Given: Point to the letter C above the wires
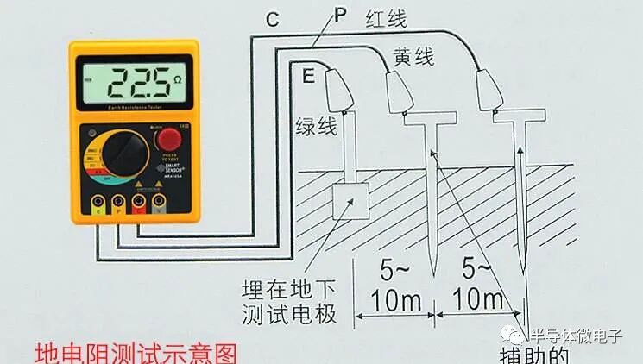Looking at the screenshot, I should (272, 19).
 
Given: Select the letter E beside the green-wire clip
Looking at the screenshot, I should (307, 76).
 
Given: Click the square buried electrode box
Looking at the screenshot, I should (351, 199).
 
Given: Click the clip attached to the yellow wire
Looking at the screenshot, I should (398, 92).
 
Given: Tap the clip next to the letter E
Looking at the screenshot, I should (337, 89).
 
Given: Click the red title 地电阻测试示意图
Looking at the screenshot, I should (133, 353).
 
